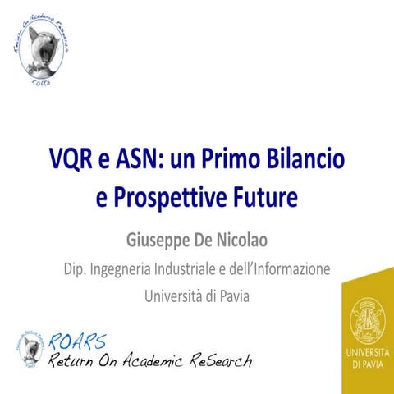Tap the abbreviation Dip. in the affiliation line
pyautogui.click(x=76, y=268)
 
